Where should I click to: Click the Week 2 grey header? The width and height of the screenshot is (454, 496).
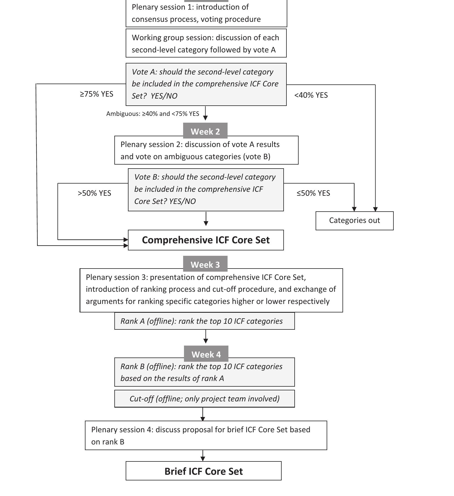(205, 131)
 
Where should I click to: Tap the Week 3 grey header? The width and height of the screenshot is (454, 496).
(205, 264)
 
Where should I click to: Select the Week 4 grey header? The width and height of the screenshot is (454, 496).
(206, 354)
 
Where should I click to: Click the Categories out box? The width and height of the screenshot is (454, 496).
(354, 220)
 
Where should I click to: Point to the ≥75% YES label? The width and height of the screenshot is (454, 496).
(97, 94)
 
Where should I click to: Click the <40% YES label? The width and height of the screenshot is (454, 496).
(311, 95)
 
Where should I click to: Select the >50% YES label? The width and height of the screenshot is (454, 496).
(94, 193)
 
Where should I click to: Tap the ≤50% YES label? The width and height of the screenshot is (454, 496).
(313, 193)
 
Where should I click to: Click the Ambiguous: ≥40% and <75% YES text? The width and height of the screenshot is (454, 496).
(153, 114)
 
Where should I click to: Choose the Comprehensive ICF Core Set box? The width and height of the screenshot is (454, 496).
(206, 240)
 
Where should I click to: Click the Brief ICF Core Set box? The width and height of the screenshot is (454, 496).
(204, 471)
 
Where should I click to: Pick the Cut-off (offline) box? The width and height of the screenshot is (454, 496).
(204, 399)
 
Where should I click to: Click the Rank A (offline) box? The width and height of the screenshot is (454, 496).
(204, 321)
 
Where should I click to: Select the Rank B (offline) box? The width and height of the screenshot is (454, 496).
(204, 372)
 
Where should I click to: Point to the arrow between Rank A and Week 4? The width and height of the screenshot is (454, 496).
(205, 337)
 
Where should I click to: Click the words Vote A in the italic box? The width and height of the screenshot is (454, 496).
(144, 72)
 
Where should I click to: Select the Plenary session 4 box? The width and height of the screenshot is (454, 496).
(206, 435)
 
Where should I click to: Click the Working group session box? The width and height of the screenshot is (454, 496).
(206, 43)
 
